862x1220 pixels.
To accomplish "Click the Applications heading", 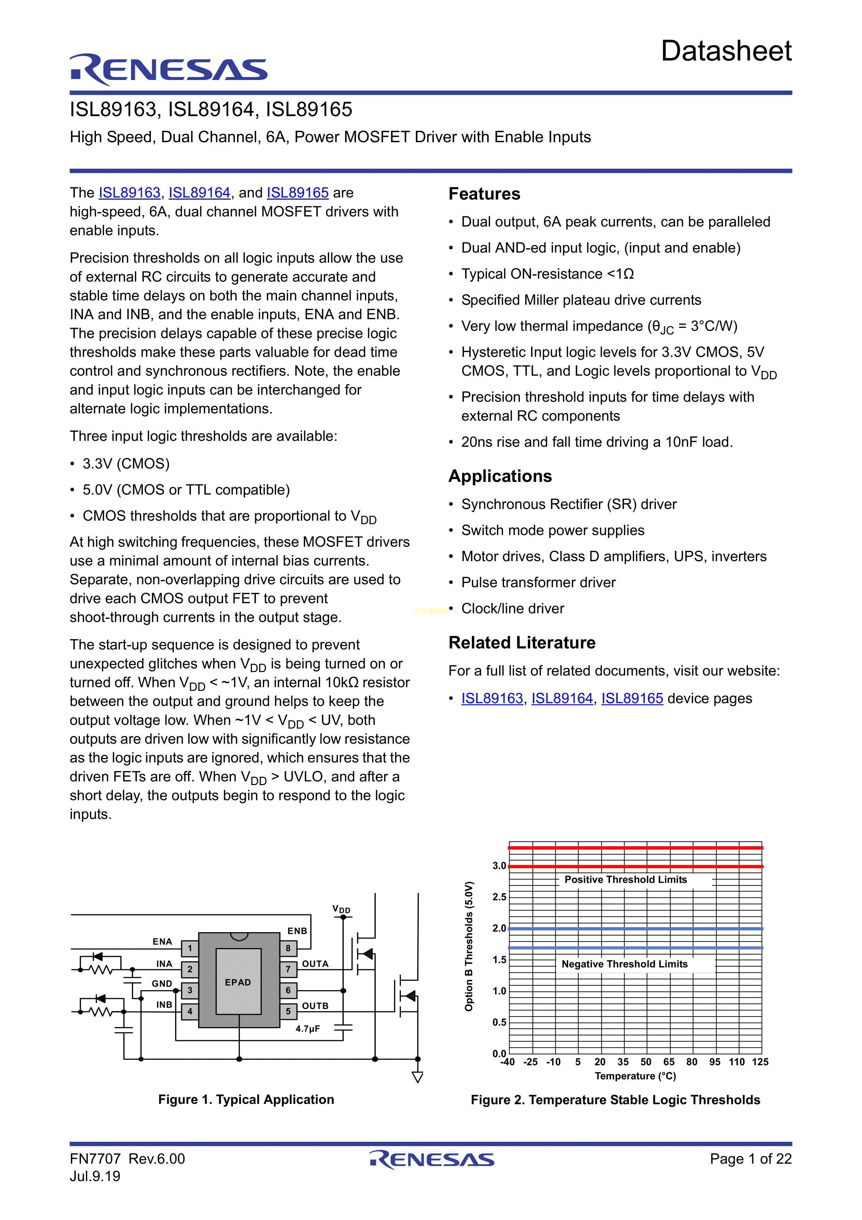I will (500, 476).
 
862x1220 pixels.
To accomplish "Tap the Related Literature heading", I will (522, 643).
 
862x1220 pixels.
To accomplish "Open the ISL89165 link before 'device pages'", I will (632, 699).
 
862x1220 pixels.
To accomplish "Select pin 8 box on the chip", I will (288, 948).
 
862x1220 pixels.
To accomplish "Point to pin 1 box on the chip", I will (190, 948).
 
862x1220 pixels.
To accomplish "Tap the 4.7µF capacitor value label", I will (308, 1029).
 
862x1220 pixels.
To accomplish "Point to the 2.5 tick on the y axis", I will (499, 897).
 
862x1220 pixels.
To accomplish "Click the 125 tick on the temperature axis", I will (760, 1062).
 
